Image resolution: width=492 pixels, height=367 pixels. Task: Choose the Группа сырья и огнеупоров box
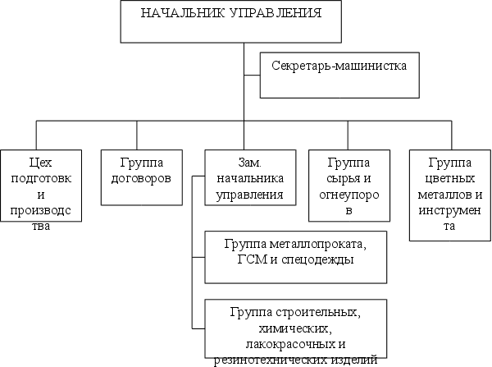pos(348,186)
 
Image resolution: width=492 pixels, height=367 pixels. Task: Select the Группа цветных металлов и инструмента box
pos(449,194)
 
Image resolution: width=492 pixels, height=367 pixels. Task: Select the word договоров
pos(137,178)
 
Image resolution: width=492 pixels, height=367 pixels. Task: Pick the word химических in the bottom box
pos(294,328)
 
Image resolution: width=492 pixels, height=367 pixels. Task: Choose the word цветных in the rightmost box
pos(449,179)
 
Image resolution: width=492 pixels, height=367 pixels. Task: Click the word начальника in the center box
pos(248,179)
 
